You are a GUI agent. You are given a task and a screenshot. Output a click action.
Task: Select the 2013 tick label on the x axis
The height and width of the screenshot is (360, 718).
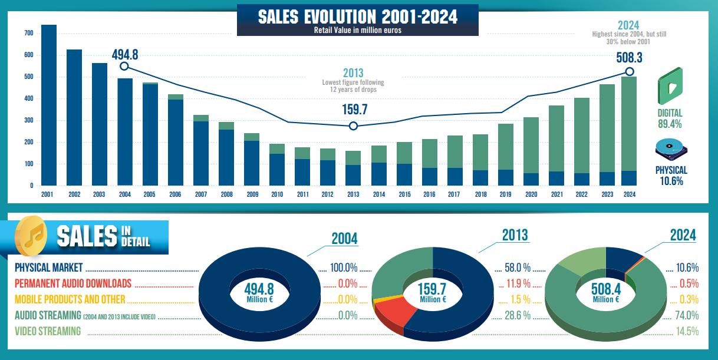coord(353,194)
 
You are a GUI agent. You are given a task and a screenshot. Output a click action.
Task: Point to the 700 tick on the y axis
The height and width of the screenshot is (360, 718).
coord(29,33)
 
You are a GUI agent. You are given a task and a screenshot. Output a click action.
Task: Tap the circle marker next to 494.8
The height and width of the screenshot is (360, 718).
coord(124,67)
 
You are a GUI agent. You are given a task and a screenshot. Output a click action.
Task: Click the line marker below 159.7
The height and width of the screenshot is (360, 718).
coord(353,126)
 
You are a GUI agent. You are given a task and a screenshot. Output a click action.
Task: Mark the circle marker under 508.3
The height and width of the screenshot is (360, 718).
coord(630,72)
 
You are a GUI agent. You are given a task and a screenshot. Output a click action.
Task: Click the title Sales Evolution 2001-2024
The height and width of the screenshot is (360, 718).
coord(358,16)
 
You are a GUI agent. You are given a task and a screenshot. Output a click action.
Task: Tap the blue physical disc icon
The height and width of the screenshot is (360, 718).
coord(671,150)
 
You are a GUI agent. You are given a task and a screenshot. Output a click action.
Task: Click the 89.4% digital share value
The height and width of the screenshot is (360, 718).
coord(670,124)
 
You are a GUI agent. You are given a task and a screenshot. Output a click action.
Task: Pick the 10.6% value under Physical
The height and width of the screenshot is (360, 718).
coord(671,181)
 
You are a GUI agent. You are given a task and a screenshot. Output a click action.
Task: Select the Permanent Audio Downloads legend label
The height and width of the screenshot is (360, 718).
coord(73,283)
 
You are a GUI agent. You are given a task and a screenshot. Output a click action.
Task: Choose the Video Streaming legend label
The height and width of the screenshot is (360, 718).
coord(48,331)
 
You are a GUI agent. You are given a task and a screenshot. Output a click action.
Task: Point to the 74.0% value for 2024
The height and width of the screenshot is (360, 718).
coord(687,315)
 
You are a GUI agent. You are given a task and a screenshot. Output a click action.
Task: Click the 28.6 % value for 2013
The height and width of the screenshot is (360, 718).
coord(519,315)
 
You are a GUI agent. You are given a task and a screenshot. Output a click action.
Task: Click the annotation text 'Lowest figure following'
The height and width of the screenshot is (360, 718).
coord(353,82)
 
